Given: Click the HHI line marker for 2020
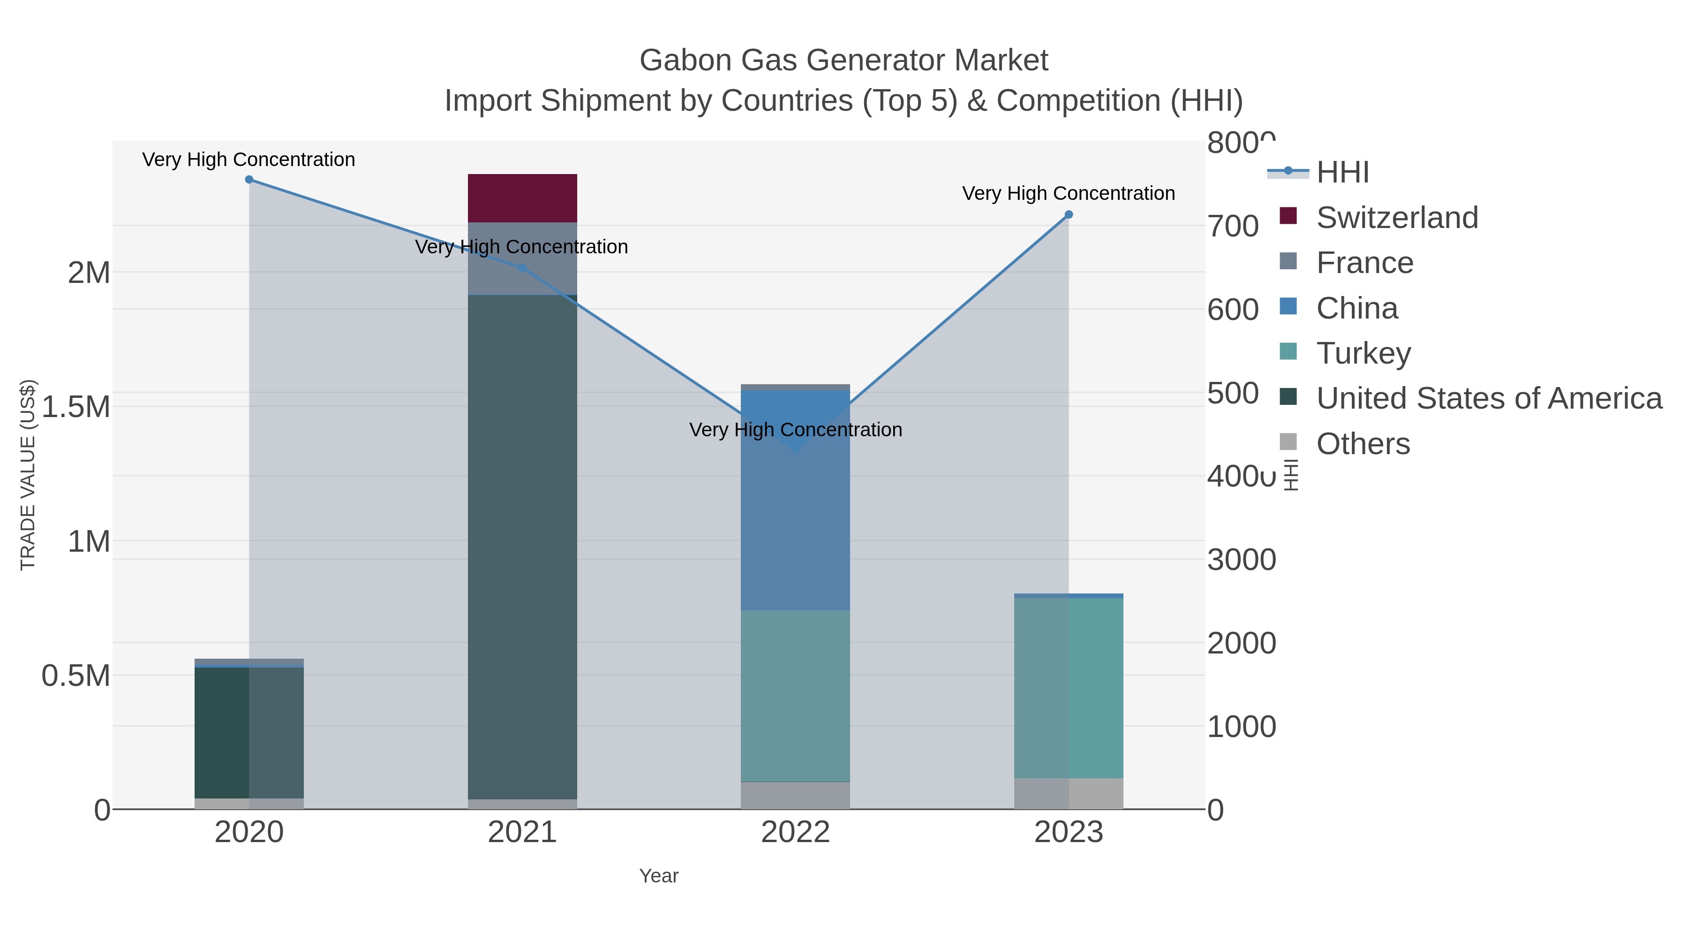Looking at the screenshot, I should [x=249, y=180].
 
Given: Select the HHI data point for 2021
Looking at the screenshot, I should [x=522, y=268].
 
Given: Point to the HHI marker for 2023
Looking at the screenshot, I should [x=1069, y=214].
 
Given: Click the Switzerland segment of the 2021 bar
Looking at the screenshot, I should [x=522, y=198].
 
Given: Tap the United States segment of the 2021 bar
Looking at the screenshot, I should [x=522, y=547].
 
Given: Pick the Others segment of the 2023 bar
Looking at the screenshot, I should [x=1069, y=793].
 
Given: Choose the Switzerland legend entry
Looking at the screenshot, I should [x=1396, y=218].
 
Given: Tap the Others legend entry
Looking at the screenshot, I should [x=1362, y=444].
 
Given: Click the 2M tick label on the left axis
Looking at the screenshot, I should [x=89, y=273].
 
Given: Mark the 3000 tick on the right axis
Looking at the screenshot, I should [x=1241, y=560].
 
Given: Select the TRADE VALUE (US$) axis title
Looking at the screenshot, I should [x=28, y=475].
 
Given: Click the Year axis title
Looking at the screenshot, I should [x=659, y=876].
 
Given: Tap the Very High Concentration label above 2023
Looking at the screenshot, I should [x=1068, y=193].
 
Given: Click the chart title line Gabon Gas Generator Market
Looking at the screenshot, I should [x=844, y=61].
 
